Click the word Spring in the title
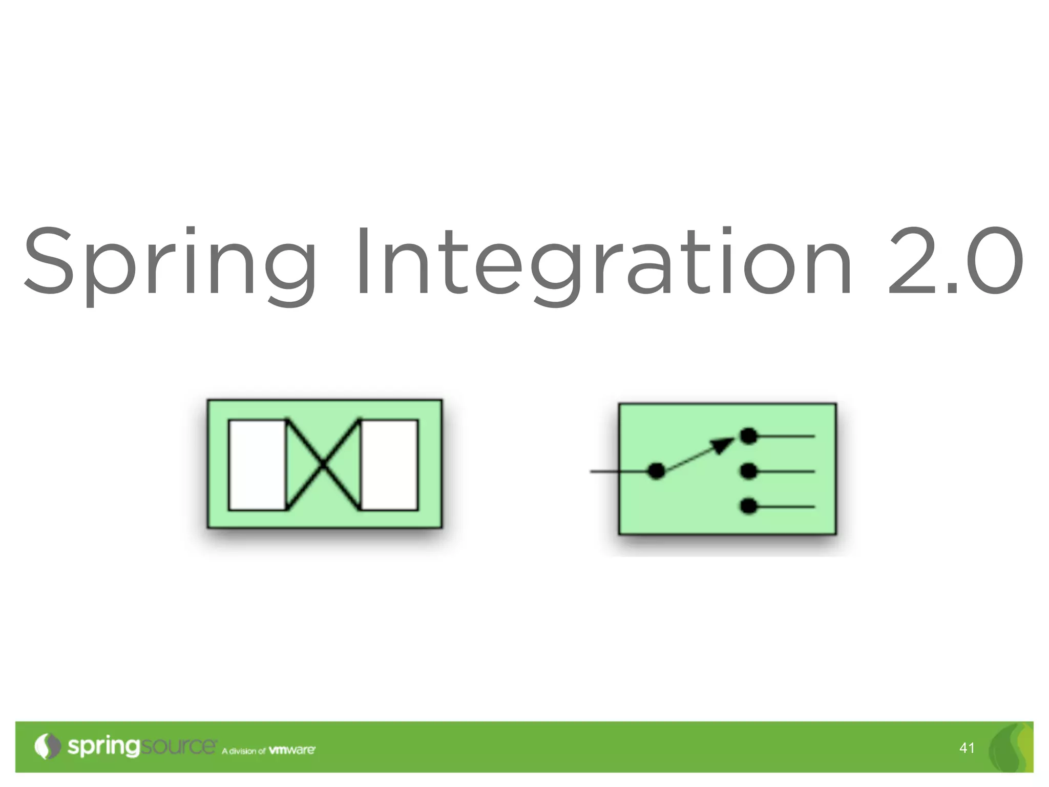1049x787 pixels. tap(169, 261)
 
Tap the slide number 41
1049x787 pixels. tap(967, 749)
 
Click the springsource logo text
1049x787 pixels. tap(141, 747)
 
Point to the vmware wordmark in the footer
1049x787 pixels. tap(292, 750)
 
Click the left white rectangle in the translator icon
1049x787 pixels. tap(257, 465)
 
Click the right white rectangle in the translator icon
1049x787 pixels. tap(389, 465)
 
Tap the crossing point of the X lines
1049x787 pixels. tap(323, 465)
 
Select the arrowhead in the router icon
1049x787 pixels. tap(723, 445)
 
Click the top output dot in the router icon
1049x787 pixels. tap(749, 436)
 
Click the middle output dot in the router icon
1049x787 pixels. tap(749, 471)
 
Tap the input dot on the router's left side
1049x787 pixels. tap(656, 471)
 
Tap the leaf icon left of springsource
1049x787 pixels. tap(47, 747)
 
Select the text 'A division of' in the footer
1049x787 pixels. tap(243, 751)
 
